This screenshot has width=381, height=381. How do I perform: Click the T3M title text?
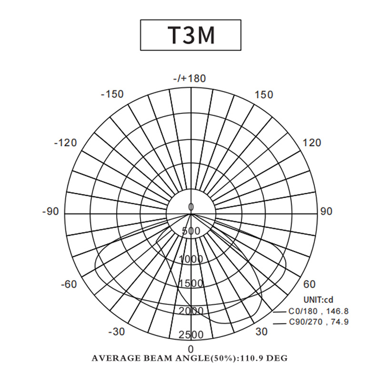pos(191,35)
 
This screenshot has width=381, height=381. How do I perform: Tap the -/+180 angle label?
pos(190,79)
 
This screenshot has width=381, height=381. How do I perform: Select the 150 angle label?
pos(264,94)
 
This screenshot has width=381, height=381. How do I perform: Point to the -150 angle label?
pos(112,94)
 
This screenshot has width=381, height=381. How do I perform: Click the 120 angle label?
pos(312,142)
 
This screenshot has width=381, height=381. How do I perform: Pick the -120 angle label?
pos(65,142)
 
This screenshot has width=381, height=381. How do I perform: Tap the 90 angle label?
pos(326,211)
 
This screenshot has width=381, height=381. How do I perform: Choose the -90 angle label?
pos(50,211)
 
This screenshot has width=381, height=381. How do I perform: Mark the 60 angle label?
pos(309,284)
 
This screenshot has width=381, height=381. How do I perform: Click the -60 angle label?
pos(69,284)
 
